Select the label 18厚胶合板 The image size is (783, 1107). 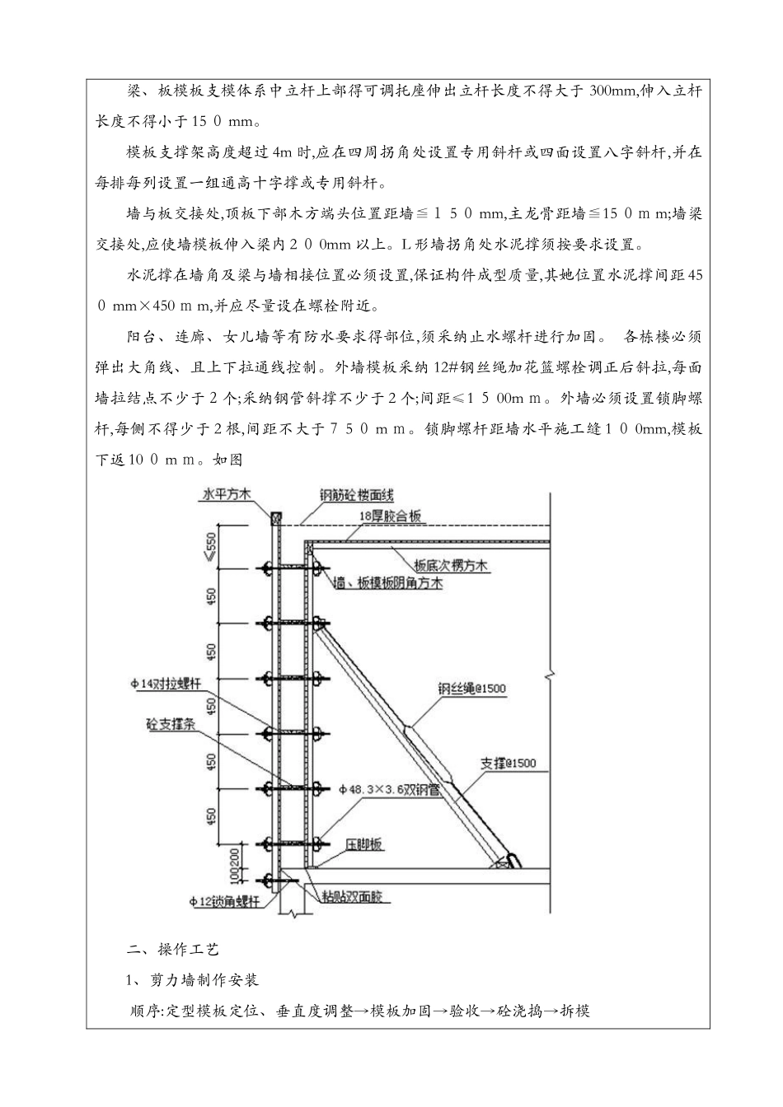pyautogui.click(x=391, y=516)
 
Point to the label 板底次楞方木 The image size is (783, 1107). pyautogui.click(x=451, y=566)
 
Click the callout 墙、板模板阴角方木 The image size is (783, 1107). pyautogui.click(x=388, y=583)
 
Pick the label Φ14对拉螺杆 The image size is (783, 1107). pyautogui.click(x=165, y=683)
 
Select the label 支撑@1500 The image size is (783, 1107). pyautogui.click(x=508, y=763)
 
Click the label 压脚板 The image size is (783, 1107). pyautogui.click(x=365, y=845)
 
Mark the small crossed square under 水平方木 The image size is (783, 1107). pyautogui.click(x=276, y=518)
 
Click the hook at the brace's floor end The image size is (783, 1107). pyautogui.click(x=513, y=860)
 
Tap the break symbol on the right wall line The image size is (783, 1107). pyautogui.click(x=551, y=678)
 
